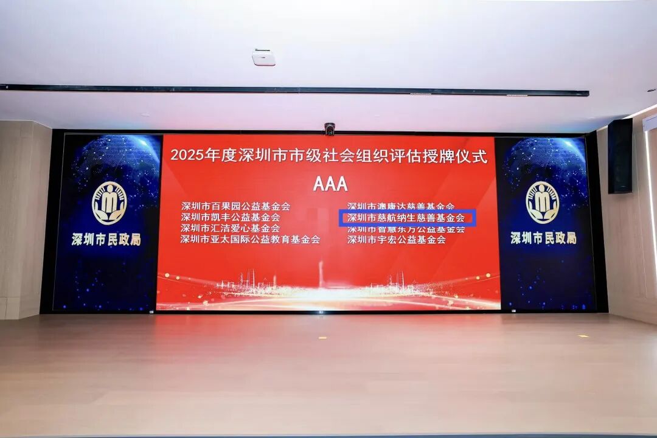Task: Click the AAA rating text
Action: pyautogui.click(x=330, y=184)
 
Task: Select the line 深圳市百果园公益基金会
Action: pyautogui.click(x=235, y=206)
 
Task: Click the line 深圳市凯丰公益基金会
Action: pyautogui.click(x=230, y=217)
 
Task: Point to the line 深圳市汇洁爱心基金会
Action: pyautogui.click(x=230, y=228)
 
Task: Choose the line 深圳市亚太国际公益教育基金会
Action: pyautogui.click(x=250, y=240)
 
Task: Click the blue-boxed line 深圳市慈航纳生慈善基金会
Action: pyautogui.click(x=406, y=218)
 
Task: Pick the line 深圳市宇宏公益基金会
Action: pyautogui.click(x=396, y=240)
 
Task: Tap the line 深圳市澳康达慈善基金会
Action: pyautogui.click(x=400, y=206)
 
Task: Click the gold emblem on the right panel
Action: pyautogui.click(x=542, y=203)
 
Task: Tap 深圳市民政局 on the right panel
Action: pyautogui.click(x=543, y=238)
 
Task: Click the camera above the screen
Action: pyautogui.click(x=330, y=128)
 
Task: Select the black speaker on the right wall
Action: pyautogui.click(x=620, y=156)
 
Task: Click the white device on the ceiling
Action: pyautogui.click(x=263, y=57)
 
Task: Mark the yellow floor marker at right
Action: pyautogui.click(x=583, y=336)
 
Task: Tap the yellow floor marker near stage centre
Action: pyautogui.click(x=322, y=337)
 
